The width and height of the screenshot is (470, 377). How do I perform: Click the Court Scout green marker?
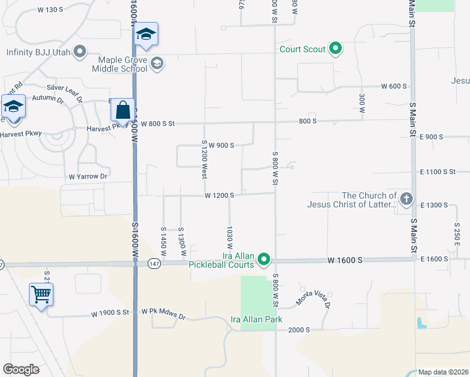coord(336,48)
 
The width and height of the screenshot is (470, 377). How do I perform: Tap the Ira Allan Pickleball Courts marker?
coord(265,259)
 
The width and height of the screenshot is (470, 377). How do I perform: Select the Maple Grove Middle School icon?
coord(157,63)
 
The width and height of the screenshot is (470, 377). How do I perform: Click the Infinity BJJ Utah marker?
coord(80,52)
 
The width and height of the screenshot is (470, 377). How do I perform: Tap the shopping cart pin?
coord(41,294)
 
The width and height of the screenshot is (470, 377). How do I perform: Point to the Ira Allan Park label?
coord(256,319)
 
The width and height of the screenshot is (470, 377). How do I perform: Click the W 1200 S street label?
coord(219,195)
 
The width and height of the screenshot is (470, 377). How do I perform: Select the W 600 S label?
coord(394,86)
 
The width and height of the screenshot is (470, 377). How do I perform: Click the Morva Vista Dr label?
coord(312,300)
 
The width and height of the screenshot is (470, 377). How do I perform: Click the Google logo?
coord(21,369)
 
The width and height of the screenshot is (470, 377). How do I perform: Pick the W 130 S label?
coord(51,9)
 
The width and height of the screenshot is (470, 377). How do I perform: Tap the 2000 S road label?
coord(299,329)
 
